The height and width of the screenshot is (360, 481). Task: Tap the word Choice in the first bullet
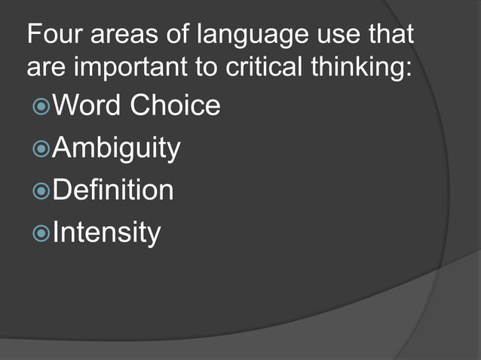(x=176, y=105)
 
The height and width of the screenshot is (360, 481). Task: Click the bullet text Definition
(x=114, y=190)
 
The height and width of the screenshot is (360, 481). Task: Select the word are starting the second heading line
(x=44, y=69)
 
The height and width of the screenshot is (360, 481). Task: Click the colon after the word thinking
(x=409, y=69)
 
